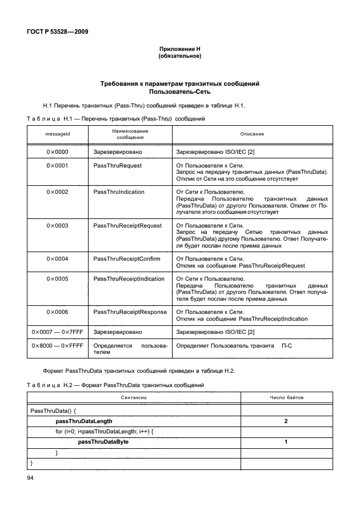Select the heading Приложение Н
click(179, 50)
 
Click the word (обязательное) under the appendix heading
click(179, 57)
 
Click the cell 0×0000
click(57, 152)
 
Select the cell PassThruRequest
click(117, 165)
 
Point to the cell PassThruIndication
click(119, 192)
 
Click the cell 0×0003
click(57, 225)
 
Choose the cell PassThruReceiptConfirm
click(126, 258)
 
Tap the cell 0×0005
click(57, 278)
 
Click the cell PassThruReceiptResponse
click(130, 312)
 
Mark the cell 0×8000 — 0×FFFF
click(57, 346)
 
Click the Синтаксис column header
click(134, 397)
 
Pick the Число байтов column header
click(286, 397)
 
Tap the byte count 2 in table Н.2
click(286, 421)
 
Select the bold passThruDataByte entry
click(103, 442)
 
